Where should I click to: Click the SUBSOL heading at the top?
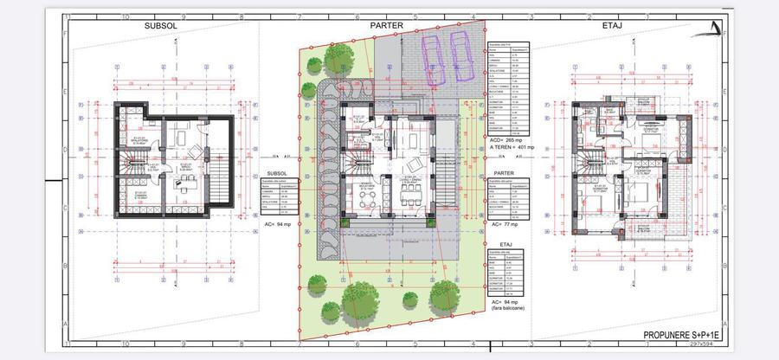tap(161, 26)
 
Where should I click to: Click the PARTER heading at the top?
tap(388, 26)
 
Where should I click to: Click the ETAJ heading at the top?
tap(614, 26)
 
